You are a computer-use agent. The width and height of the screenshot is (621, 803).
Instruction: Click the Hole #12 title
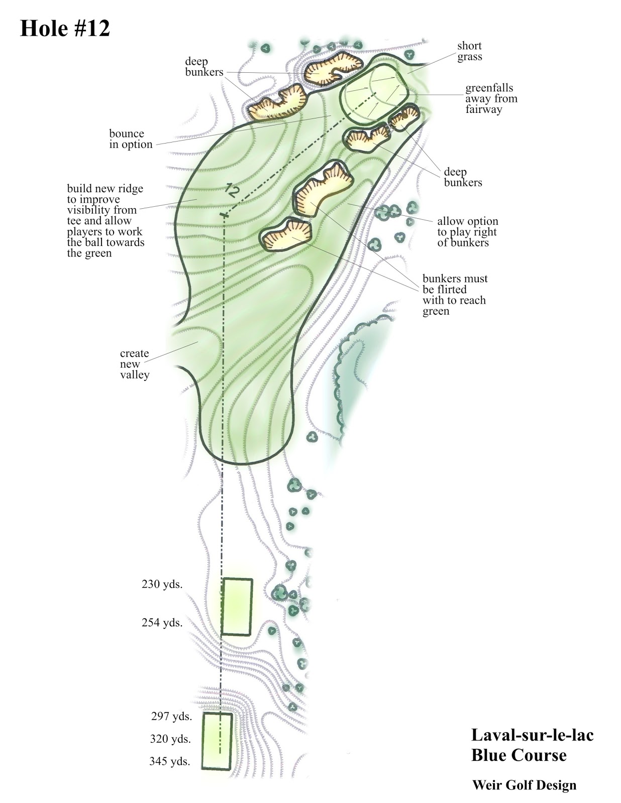(65, 29)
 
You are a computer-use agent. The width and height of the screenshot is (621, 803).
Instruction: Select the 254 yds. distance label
(162, 623)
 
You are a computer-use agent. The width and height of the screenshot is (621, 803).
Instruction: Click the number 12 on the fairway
(232, 190)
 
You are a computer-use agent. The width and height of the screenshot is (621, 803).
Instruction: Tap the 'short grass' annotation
(470, 51)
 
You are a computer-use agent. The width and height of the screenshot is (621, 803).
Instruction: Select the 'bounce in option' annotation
(131, 139)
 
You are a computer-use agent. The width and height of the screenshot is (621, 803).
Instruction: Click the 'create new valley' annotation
(135, 364)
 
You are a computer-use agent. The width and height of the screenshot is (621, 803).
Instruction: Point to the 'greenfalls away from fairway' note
(491, 99)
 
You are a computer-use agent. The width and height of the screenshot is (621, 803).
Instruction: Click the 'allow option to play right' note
(467, 232)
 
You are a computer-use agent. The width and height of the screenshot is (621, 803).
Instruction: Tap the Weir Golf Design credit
(525, 785)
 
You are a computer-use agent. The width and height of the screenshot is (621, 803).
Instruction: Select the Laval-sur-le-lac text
(532, 735)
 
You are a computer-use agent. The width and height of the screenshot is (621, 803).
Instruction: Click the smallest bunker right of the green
(404, 117)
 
